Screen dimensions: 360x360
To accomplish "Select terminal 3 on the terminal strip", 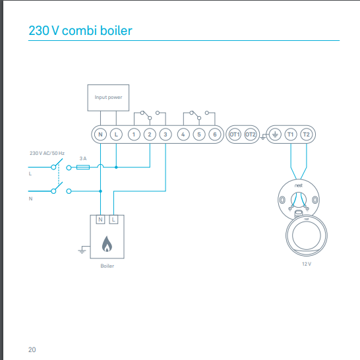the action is [x=165, y=135].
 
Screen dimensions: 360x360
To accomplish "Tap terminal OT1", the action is [x=235, y=135].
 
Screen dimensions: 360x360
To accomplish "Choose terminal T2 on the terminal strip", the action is [x=307, y=135].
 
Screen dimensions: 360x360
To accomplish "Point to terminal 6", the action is [x=215, y=135].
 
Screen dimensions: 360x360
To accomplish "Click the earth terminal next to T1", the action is [x=275, y=135].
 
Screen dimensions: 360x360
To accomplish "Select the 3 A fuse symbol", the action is [x=83, y=167].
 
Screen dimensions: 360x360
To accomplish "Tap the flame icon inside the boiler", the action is [x=107, y=244].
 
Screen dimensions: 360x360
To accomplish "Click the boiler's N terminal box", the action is [x=100, y=220].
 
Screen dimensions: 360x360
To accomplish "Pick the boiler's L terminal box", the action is [x=113, y=220].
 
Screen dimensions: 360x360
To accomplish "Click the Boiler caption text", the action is [x=107, y=266].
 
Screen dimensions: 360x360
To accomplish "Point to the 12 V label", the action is [x=307, y=264].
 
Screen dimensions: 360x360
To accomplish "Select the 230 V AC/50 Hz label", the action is [x=47, y=153].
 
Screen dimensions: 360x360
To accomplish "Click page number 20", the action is [x=32, y=349].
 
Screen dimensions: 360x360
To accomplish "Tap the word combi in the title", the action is [x=79, y=30].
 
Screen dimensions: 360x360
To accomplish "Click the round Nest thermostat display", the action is [x=307, y=235].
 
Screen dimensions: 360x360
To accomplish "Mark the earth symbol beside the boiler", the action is [x=82, y=250].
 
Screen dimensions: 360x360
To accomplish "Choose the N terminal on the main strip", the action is [x=100, y=135].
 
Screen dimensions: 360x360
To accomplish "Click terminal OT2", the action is [x=251, y=135].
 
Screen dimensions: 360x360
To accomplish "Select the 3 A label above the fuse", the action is [x=83, y=158].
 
